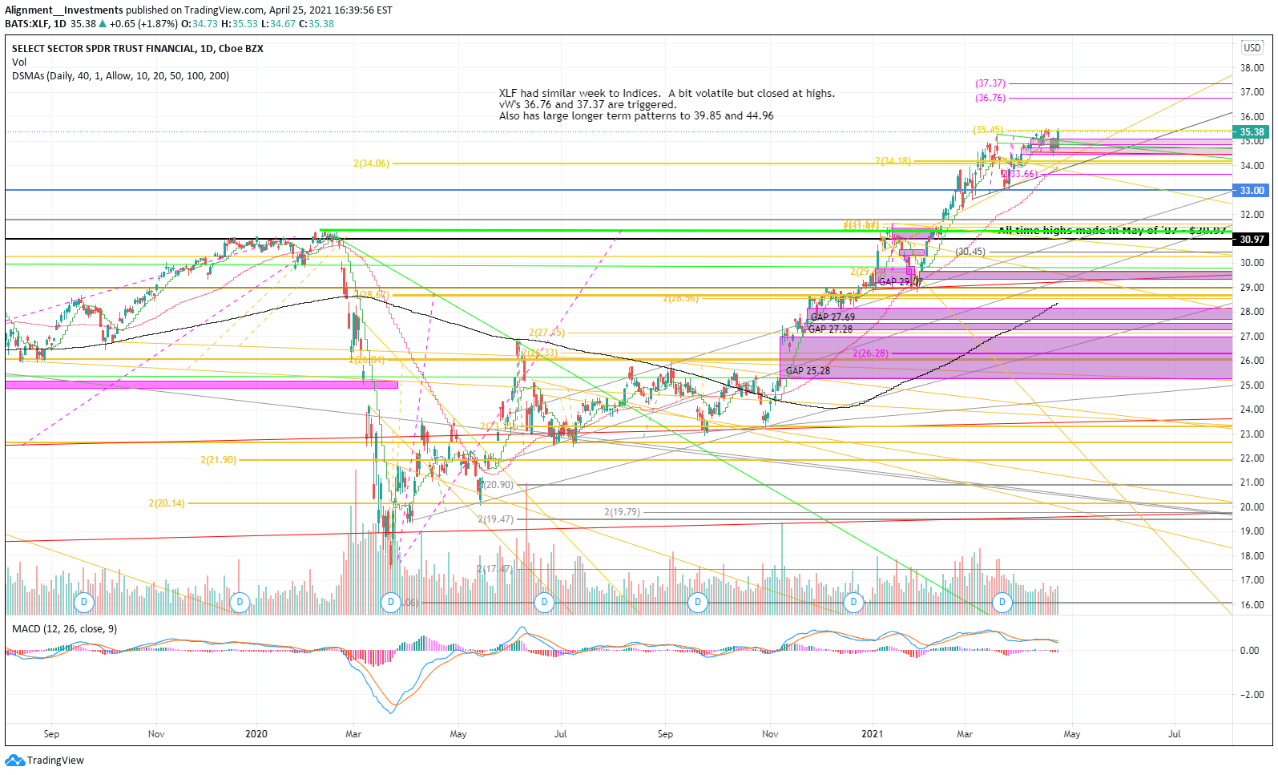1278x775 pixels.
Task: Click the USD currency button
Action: [1252, 48]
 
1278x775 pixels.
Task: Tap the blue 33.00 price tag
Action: [1252, 191]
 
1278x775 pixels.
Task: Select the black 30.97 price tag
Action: [1252, 240]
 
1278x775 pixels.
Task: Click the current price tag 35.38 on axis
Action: [1252, 132]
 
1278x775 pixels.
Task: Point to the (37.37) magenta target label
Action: [990, 83]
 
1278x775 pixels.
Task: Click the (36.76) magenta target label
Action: [990, 98]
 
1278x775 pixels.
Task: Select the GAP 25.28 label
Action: [808, 371]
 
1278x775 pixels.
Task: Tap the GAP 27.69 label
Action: [833, 317]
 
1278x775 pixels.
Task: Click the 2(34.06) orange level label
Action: [371, 163]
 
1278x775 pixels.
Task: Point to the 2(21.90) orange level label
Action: [218, 460]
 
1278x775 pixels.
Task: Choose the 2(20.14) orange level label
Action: [167, 503]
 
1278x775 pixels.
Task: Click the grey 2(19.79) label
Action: [622, 512]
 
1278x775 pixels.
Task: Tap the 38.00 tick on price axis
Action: [1252, 68]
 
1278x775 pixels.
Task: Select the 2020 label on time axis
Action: [256, 734]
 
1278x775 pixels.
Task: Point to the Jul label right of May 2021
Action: [1175, 734]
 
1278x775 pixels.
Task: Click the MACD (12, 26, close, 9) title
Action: [64, 629]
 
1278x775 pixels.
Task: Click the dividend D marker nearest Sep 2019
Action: [83, 602]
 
